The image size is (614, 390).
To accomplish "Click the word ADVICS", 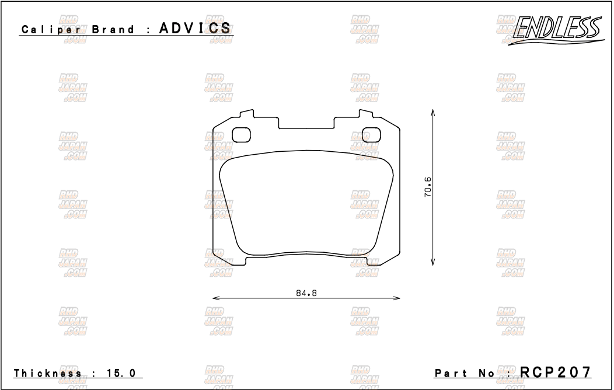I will [x=195, y=29].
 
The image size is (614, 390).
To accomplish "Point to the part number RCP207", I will [x=556, y=372].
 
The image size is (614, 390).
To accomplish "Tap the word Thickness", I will [x=48, y=373].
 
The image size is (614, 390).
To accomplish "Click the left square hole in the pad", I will [x=241, y=135].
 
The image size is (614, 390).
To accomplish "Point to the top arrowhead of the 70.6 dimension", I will [x=432, y=111].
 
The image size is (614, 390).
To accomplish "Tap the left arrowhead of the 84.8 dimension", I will [x=215, y=298].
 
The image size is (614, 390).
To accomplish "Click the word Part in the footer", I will [x=451, y=373].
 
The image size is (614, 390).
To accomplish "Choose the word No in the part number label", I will [x=489, y=373].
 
